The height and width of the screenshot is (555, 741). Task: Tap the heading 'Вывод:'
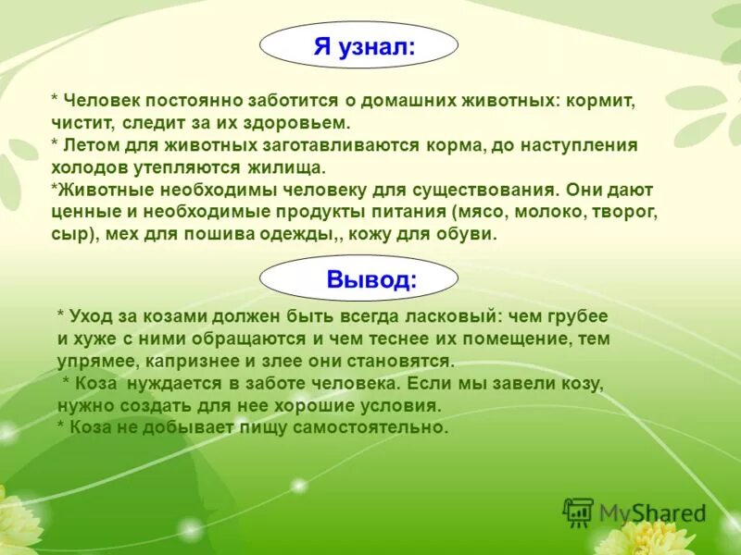coord(371,279)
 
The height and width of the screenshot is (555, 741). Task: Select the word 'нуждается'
coord(170,382)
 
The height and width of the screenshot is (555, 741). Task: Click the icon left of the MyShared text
coord(578,512)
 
